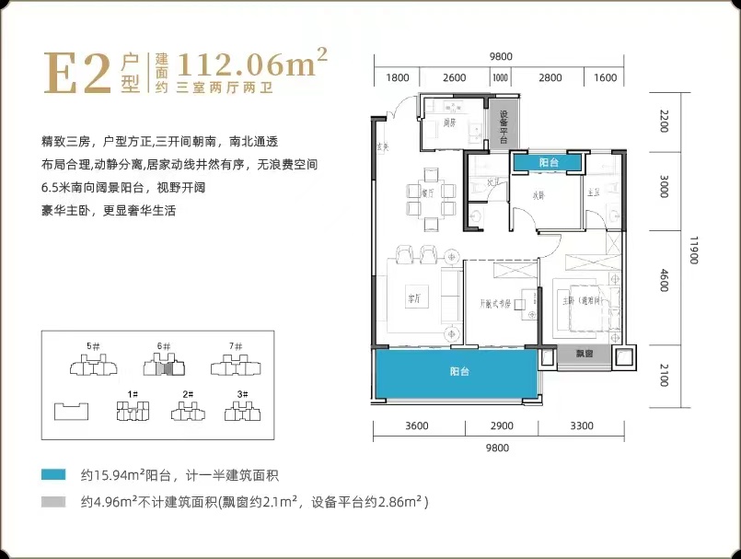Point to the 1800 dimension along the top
point(398,78)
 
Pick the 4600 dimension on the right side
point(663,279)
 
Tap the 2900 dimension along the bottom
point(502,426)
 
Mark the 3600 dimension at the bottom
point(417,426)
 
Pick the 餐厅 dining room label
point(426,194)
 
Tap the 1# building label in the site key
point(133,394)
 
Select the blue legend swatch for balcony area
point(52,475)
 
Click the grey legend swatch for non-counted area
point(52,503)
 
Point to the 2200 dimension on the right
point(663,121)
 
